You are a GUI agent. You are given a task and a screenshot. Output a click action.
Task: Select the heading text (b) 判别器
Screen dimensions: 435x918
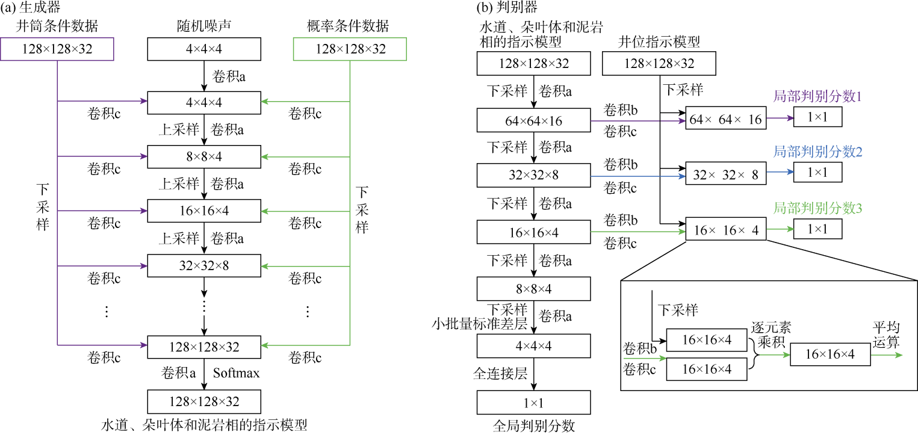pos(506,8)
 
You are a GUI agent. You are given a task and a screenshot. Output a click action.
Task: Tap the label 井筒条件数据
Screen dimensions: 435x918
pos(58,27)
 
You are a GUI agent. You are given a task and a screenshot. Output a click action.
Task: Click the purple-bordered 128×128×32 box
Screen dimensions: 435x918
pos(58,49)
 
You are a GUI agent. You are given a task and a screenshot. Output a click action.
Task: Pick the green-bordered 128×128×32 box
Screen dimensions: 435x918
pos(350,49)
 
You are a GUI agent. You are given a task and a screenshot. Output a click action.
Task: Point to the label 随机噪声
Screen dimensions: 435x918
pos(204,27)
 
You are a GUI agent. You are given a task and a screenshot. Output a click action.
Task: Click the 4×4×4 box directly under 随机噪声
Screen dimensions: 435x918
pos(204,49)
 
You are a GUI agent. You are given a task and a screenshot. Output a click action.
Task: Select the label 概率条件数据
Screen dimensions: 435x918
pos(351,27)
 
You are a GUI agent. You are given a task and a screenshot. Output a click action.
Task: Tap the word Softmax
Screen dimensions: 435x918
pos(236,374)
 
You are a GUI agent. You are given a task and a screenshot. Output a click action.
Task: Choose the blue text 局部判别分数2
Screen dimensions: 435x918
pos(817,152)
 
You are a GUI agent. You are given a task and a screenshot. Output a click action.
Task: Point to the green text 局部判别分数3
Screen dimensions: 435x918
pos(817,209)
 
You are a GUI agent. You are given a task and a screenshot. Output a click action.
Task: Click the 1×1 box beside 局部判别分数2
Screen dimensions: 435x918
pos(817,173)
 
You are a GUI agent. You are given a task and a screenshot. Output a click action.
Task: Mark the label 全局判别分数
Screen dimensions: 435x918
pos(534,426)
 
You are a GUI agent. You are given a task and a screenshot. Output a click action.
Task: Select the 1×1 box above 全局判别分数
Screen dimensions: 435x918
pos(534,401)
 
